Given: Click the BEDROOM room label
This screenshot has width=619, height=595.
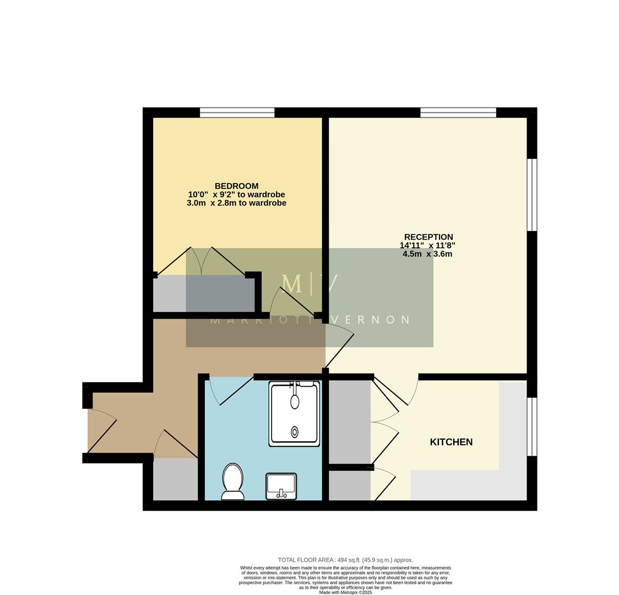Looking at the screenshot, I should coord(236,186).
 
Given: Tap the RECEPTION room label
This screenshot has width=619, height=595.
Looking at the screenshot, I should coord(428,237).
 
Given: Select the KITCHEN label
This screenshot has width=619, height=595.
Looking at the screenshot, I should coord(451,442).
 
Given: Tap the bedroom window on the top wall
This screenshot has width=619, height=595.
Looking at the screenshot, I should coord(237,112).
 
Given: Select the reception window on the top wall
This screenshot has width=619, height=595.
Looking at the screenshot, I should coord(458,112).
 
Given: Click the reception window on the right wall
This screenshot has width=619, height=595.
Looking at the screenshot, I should coord(532,194).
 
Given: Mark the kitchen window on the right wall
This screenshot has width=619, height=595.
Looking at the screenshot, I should coord(532,426).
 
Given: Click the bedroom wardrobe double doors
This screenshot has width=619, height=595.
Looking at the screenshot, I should coord(202,261).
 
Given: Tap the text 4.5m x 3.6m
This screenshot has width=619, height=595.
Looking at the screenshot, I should coord(427,254).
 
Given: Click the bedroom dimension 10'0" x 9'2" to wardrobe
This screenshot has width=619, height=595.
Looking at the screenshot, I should coord(236,194).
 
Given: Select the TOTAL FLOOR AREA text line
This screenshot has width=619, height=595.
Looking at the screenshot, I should coord(345,560).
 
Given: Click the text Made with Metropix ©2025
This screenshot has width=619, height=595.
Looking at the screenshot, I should coord(345,592).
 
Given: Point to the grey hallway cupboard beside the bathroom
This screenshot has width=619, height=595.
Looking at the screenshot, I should coord(175,479).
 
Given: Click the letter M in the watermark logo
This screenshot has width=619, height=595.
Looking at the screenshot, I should coord(291,284).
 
